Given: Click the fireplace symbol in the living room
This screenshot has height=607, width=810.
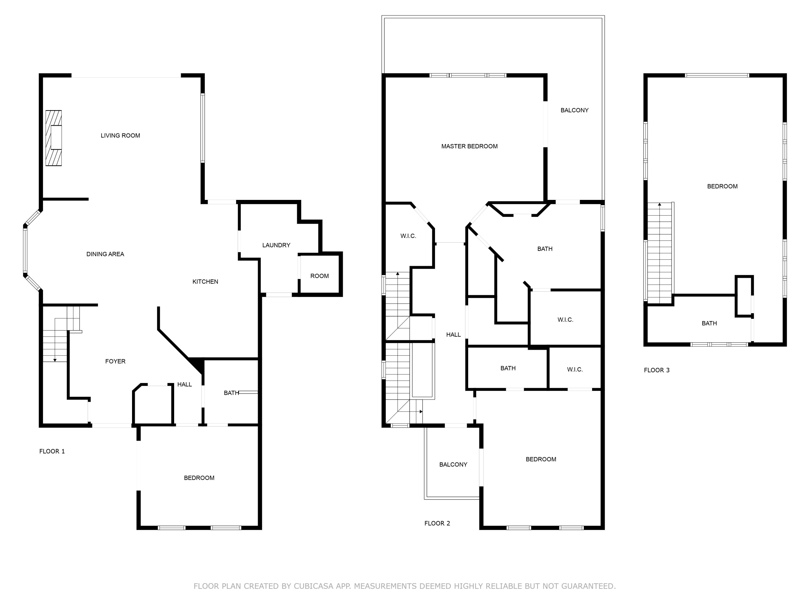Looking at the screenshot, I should (x=53, y=138).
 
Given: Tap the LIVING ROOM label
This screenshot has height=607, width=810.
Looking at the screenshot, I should (x=120, y=135).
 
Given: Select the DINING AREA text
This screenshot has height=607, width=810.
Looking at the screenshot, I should (x=105, y=254).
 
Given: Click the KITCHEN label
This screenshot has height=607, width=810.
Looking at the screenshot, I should (x=205, y=281).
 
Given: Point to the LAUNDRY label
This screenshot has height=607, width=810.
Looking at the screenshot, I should (x=276, y=245).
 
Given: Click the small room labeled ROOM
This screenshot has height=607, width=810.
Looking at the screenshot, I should (x=319, y=276).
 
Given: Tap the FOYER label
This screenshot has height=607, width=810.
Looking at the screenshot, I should (x=115, y=361).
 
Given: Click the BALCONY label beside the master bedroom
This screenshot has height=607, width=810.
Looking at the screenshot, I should (x=574, y=110).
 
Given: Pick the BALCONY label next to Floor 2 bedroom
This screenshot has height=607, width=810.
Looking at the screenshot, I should (x=453, y=464).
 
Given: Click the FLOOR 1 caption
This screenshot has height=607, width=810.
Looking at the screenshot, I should (x=52, y=451).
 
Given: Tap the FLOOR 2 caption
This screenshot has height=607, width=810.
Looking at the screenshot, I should (x=437, y=523).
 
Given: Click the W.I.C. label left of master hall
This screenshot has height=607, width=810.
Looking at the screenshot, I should (x=408, y=236).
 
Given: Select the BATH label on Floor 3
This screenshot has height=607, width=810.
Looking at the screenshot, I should (x=709, y=323).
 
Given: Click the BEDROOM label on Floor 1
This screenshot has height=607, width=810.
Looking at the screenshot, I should (x=199, y=478).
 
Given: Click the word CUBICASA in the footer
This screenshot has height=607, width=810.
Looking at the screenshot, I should (x=313, y=586).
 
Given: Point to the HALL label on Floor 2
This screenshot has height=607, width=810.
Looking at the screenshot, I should (x=453, y=335).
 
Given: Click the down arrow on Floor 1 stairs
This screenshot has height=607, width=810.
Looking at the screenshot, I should (x=55, y=360).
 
